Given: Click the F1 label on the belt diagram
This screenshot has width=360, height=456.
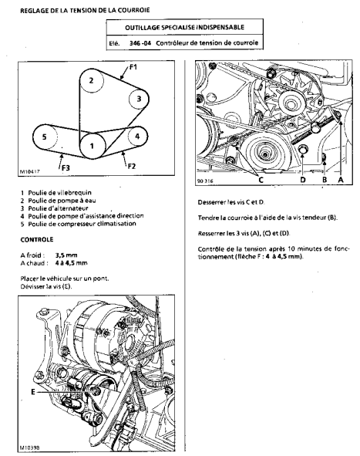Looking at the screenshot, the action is click(x=133, y=67).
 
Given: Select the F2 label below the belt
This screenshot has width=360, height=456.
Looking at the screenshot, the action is click(x=132, y=167).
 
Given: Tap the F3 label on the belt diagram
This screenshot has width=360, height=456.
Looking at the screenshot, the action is click(x=66, y=168).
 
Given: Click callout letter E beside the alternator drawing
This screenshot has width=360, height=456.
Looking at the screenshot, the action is click(x=33, y=392).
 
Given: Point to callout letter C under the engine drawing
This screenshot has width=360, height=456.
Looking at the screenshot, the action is click(x=261, y=180).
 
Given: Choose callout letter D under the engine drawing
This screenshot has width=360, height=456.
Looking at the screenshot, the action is click(x=303, y=180).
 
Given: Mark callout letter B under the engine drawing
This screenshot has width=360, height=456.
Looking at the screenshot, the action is click(x=325, y=180).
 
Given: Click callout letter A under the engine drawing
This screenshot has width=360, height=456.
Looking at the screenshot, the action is click(x=341, y=180).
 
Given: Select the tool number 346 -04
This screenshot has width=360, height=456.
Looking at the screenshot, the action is click(x=140, y=43).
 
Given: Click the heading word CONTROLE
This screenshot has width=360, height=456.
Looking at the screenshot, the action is click(x=37, y=240).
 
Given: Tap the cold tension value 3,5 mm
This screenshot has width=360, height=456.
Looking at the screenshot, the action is click(x=66, y=255).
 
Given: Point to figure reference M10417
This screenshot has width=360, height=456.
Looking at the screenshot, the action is click(x=29, y=171).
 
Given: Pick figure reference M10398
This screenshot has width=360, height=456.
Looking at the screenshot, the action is click(x=29, y=448).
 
